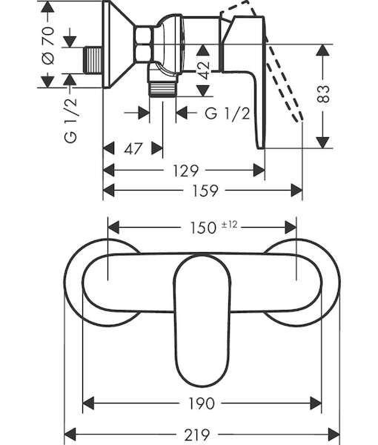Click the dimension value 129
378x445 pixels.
coord(185,171)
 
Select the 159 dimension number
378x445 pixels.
coord(205,191)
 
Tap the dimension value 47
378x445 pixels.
coord(133,148)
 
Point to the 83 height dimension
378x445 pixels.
coord(323,93)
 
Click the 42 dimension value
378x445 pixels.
coord(203,70)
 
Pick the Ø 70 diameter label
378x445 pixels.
coord(48,45)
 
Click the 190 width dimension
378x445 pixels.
coord(202,403)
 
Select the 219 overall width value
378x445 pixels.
coord(197,434)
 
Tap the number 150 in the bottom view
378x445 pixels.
coord(203,228)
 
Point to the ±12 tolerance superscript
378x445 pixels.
coord(229,225)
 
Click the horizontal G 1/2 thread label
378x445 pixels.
coord(228,113)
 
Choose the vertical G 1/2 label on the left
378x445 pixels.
coord(70,119)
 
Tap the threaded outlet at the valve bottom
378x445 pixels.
coord(162,89)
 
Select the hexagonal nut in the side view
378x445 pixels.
coord(144,44)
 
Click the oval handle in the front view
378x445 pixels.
coord(202,320)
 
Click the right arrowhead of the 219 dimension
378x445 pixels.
coord(334,434)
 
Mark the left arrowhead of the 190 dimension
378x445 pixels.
coord(88,403)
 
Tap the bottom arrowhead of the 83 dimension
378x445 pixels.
coord(323,142)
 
